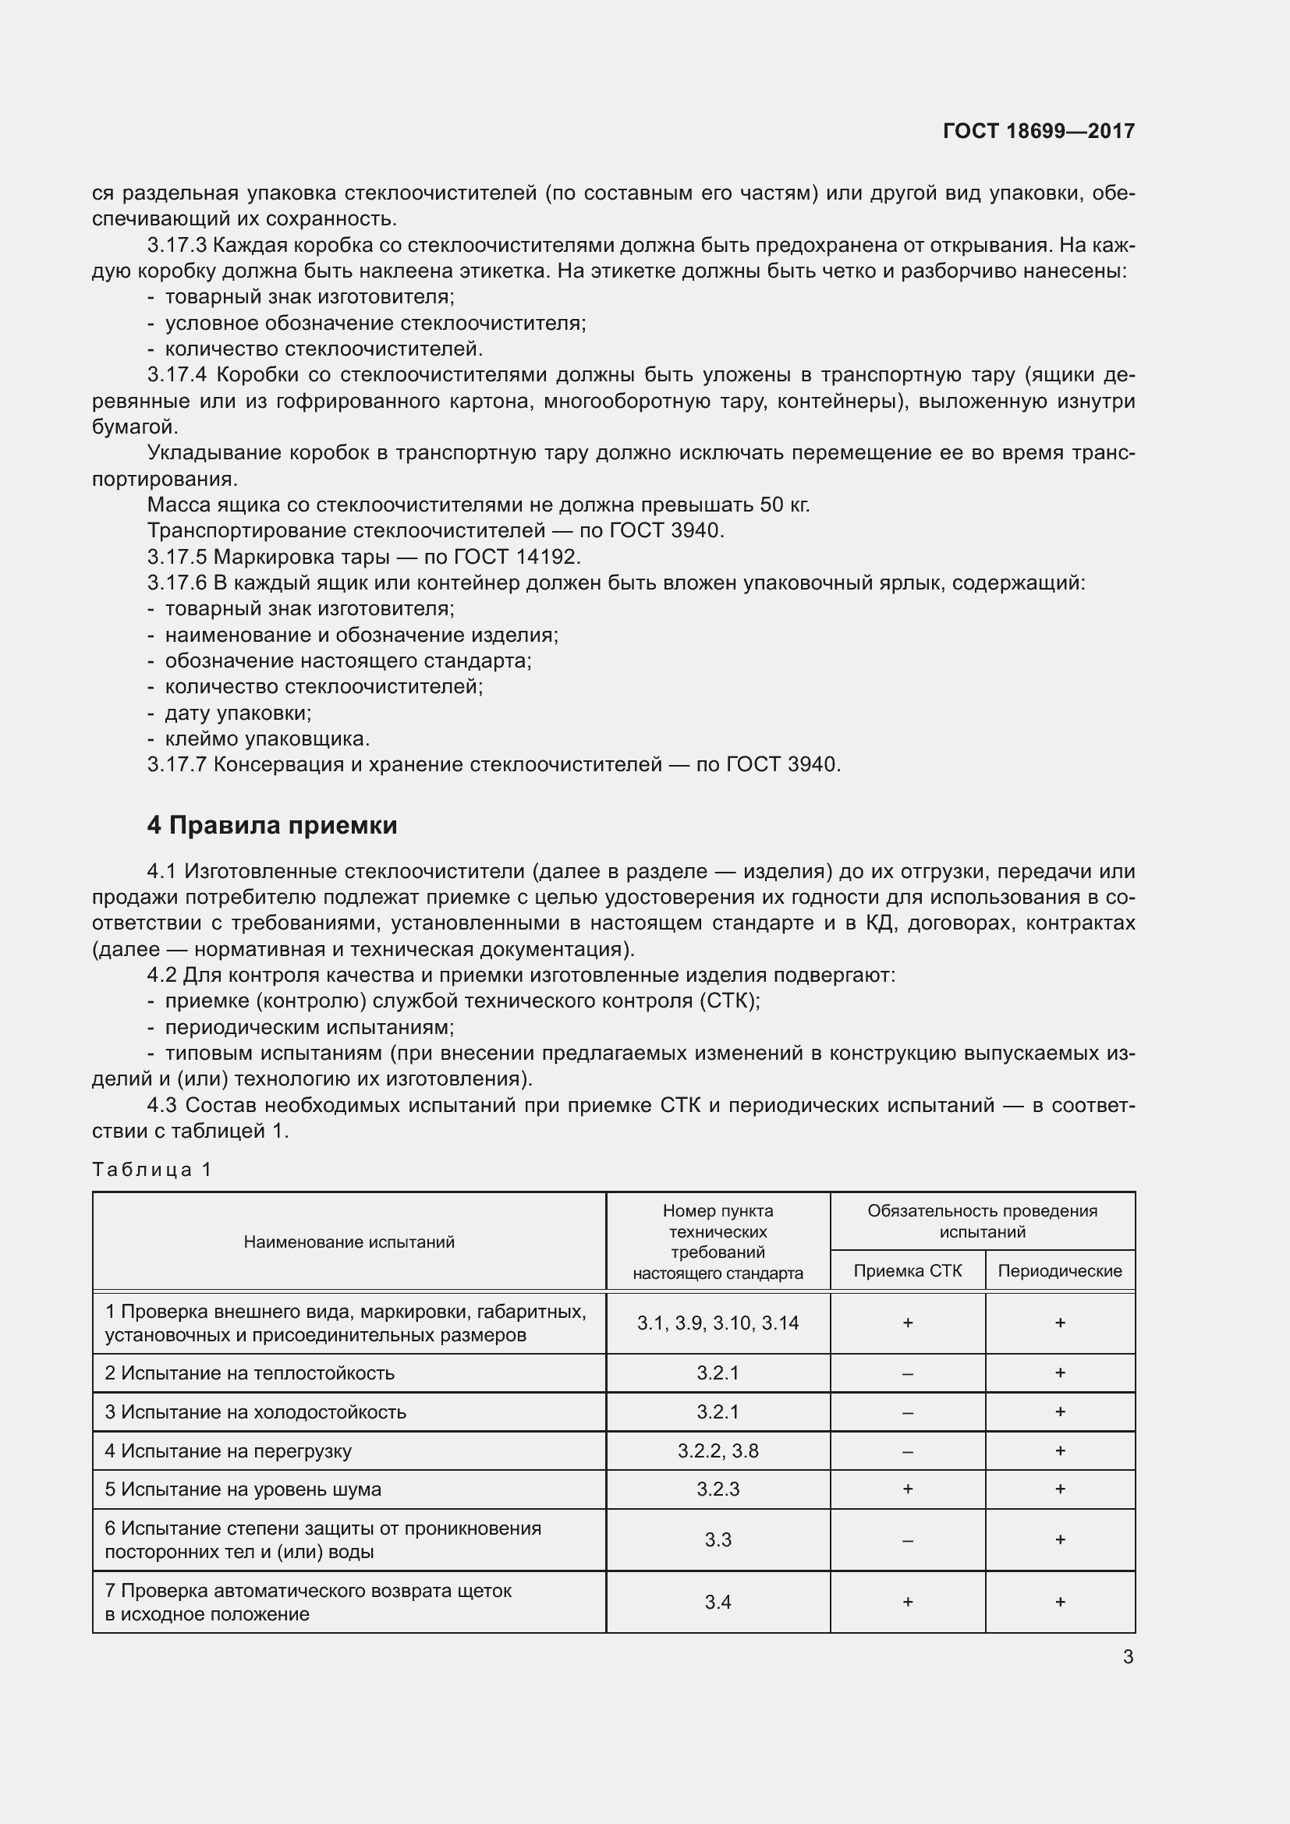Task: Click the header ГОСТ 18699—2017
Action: click(x=1038, y=131)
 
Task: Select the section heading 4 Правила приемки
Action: click(x=271, y=825)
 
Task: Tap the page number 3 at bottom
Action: click(x=1128, y=1657)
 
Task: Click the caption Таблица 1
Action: click(x=152, y=1170)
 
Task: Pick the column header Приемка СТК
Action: click(x=907, y=1271)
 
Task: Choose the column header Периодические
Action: click(x=1060, y=1271)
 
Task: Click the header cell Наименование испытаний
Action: click(x=349, y=1241)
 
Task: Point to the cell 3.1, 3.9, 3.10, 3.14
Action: click(x=718, y=1323)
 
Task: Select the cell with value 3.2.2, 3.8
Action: click(x=718, y=1450)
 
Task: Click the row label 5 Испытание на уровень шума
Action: click(x=243, y=1489)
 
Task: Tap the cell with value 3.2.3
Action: click(x=718, y=1489)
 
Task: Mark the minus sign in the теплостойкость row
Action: click(x=907, y=1373)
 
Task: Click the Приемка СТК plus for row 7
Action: click(x=907, y=1603)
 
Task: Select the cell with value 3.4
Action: click(x=718, y=1603)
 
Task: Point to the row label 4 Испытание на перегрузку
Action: click(x=228, y=1450)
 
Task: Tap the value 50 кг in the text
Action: click(x=784, y=505)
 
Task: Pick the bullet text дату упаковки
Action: click(x=238, y=713)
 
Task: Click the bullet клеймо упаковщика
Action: click(x=267, y=738)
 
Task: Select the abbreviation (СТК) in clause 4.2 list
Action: click(x=729, y=1001)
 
